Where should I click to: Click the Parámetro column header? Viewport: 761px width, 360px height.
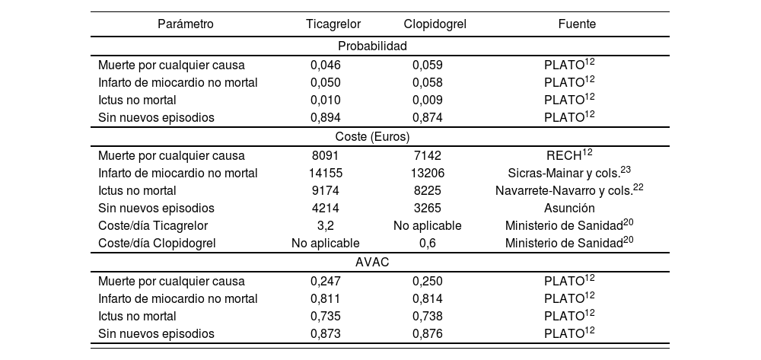186,24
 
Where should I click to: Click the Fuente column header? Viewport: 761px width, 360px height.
577,24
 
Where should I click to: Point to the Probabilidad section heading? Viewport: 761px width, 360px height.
373,46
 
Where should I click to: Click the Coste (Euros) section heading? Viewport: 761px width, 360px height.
373,137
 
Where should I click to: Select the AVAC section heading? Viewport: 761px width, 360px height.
373,262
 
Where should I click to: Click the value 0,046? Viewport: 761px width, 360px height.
326,65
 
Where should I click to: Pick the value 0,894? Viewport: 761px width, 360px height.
326,117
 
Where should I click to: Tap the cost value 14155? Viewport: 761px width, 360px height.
326,173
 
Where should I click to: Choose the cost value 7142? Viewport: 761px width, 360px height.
428,155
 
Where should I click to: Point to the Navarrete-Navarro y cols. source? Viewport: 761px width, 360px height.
569,190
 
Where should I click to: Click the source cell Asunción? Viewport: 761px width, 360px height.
570,208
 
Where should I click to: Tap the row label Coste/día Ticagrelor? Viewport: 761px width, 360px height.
153,225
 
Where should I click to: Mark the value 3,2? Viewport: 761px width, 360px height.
326,225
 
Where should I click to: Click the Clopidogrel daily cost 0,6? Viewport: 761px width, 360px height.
428,243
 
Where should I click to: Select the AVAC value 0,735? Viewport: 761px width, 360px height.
326,316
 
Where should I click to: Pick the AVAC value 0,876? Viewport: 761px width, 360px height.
428,333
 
